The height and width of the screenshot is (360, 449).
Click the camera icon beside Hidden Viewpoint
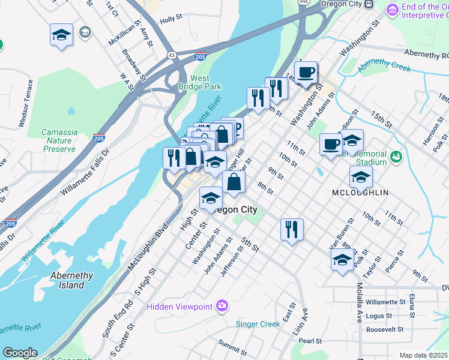(x=223, y=306)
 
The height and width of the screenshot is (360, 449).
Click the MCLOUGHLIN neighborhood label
(x=360, y=193)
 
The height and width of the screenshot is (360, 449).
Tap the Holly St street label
(x=170, y=20)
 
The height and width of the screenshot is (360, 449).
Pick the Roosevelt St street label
(x=387, y=329)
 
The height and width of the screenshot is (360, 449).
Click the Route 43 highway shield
(x=172, y=55)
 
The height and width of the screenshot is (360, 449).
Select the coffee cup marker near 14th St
(x=306, y=73)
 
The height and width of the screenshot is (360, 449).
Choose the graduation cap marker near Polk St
(x=342, y=260)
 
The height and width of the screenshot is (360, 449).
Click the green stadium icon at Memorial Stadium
(x=396, y=157)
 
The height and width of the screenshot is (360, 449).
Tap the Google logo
(x=20, y=353)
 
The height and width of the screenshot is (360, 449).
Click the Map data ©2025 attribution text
(x=423, y=355)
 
